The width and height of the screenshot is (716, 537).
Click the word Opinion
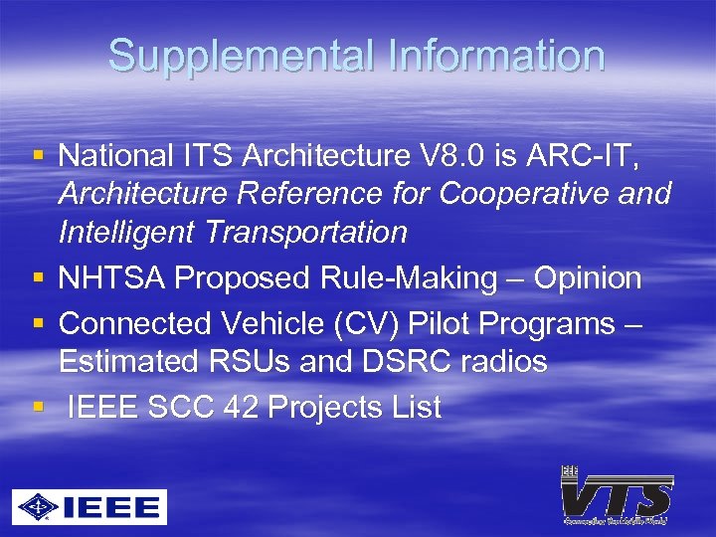tap(587, 278)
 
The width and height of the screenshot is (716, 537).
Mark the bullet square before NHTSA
tap(39, 278)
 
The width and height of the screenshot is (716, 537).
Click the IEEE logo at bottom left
tap(89, 506)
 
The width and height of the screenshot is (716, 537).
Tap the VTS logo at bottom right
tap(616, 494)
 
